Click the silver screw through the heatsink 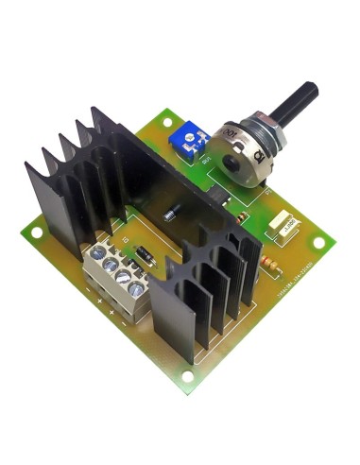pos(172,215)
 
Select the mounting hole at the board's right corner pos(319,242)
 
